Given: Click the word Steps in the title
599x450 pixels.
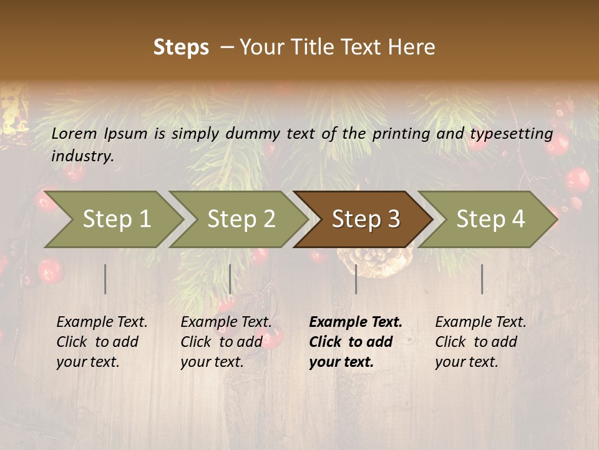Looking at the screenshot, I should pyautogui.click(x=181, y=47).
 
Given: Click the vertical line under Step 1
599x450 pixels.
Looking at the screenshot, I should pyautogui.click(x=105, y=279).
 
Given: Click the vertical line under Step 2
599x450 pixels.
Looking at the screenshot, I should pyautogui.click(x=230, y=279).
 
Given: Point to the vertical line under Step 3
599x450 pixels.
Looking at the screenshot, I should pyautogui.click(x=356, y=279).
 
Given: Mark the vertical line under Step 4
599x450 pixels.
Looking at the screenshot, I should pyautogui.click(x=482, y=279).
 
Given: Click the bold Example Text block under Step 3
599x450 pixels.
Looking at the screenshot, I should pyautogui.click(x=356, y=342).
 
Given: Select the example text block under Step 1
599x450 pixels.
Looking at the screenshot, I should pyautogui.click(x=102, y=342).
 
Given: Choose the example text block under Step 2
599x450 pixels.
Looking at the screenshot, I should pyautogui.click(x=226, y=342).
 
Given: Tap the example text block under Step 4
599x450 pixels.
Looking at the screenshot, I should pyautogui.click(x=480, y=342).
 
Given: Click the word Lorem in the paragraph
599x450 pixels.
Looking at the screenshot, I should pyautogui.click(x=74, y=133).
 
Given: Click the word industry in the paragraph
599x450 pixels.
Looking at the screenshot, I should pyautogui.click(x=82, y=156).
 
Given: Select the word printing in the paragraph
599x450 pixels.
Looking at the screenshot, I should pyautogui.click(x=400, y=134).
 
